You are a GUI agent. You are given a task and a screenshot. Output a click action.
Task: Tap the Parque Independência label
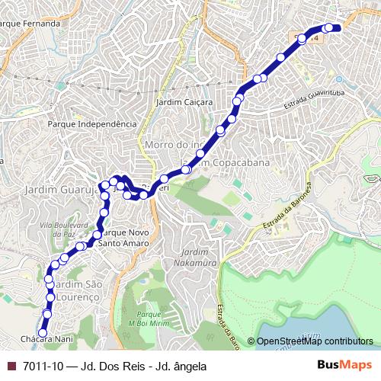click(x=92, y=123)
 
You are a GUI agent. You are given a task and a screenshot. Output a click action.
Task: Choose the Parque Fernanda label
click(x=30, y=24)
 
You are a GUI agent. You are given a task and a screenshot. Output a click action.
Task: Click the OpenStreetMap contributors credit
click(x=315, y=341)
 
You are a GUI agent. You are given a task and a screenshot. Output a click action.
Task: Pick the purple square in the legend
click(x=11, y=366)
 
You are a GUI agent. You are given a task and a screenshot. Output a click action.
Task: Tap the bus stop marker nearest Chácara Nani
click(x=43, y=331)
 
